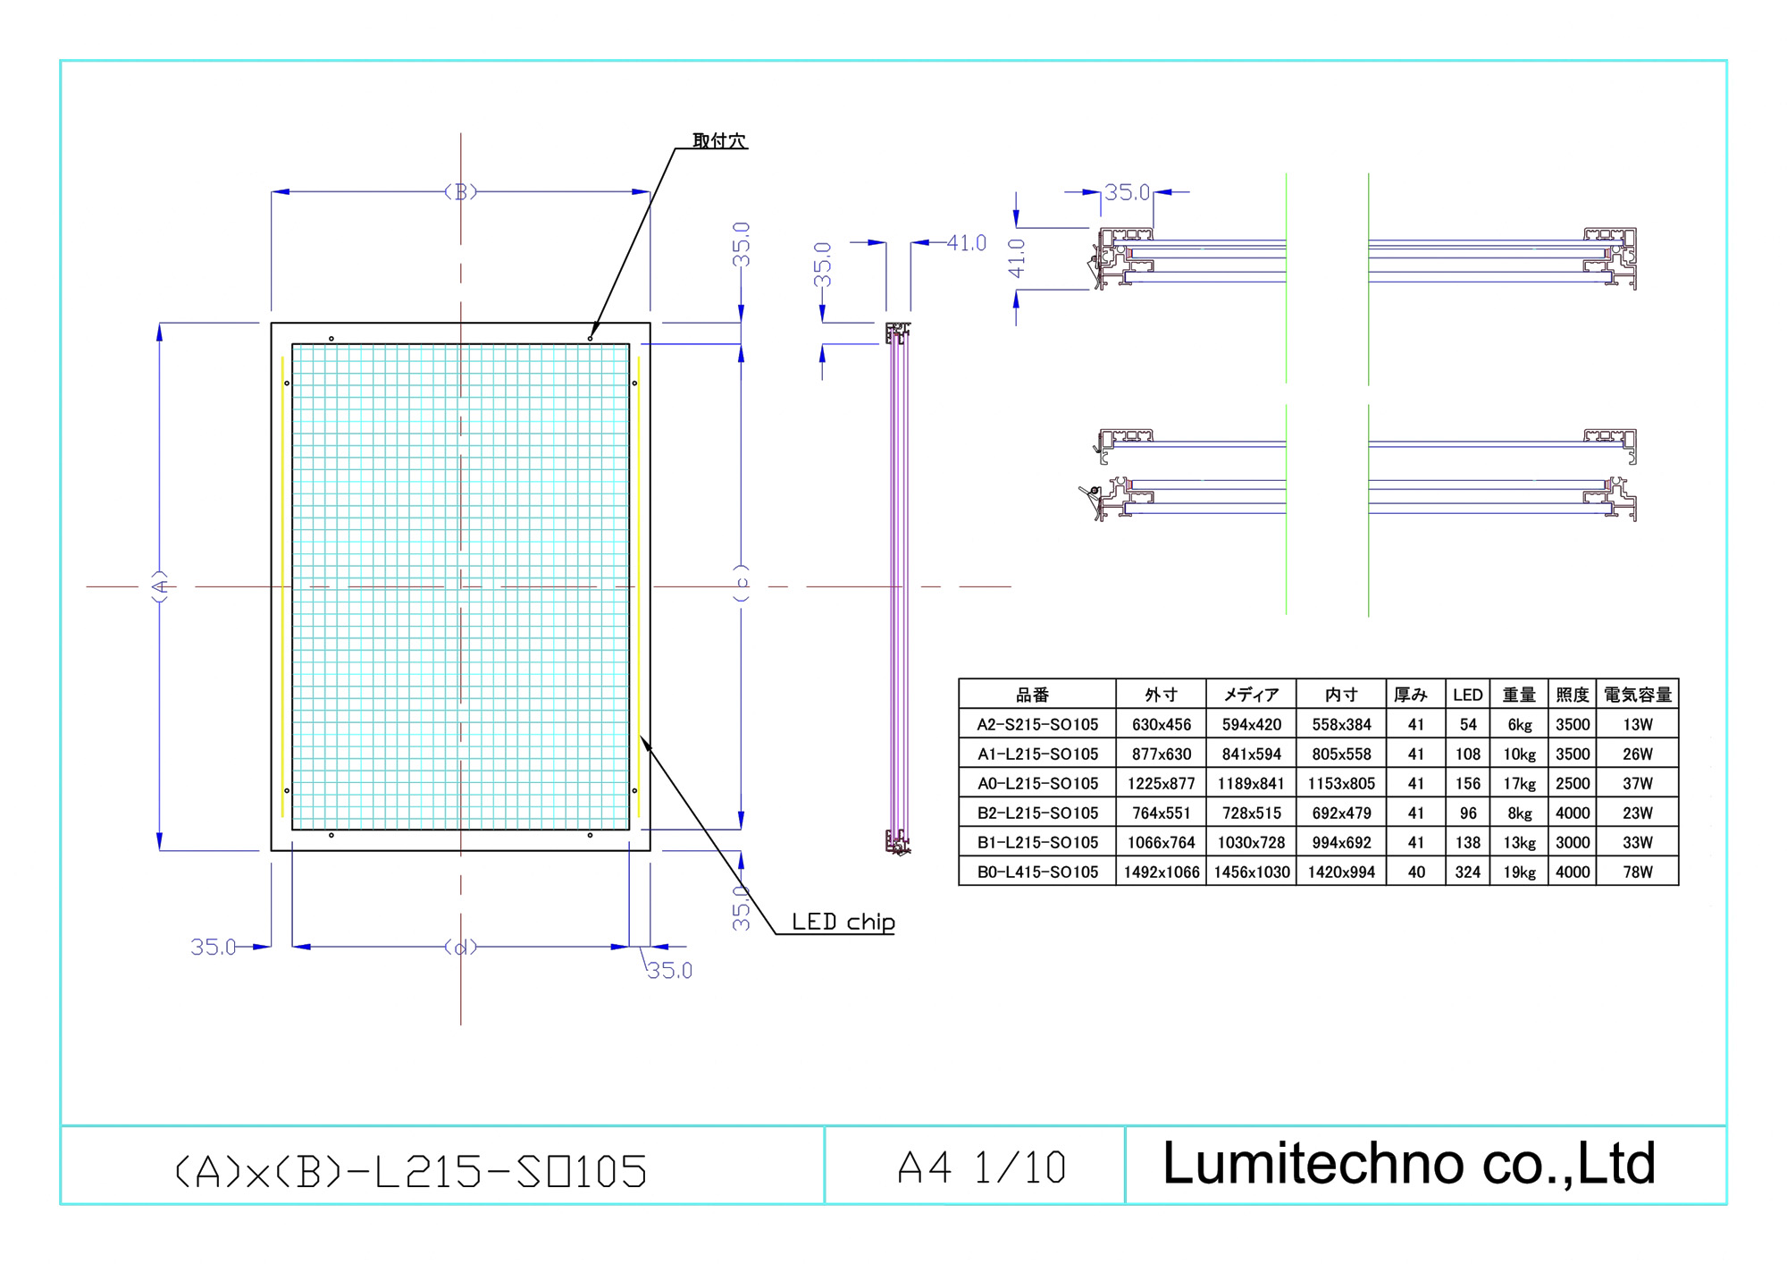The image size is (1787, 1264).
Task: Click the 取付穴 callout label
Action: click(x=719, y=140)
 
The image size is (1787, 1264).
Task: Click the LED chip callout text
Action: click(x=843, y=922)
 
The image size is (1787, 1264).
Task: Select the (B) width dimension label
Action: click(x=461, y=191)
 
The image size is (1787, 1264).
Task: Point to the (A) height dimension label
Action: click(x=160, y=586)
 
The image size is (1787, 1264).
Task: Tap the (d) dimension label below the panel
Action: click(x=461, y=947)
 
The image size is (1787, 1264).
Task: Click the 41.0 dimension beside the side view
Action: click(x=966, y=243)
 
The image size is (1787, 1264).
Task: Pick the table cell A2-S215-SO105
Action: click(x=1037, y=724)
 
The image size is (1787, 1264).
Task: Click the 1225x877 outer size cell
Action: click(x=1161, y=783)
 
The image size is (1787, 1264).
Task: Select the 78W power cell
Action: click(x=1638, y=872)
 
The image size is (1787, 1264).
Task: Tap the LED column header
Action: click(x=1467, y=695)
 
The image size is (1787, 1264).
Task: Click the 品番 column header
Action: click(x=1033, y=695)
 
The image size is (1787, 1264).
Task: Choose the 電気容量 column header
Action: click(x=1638, y=695)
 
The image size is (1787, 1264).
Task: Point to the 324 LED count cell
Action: click(x=1467, y=872)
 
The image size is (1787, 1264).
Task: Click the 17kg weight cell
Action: click(x=1519, y=783)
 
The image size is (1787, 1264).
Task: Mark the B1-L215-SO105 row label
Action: click(x=1037, y=842)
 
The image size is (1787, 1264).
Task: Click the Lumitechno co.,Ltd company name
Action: click(x=1409, y=1164)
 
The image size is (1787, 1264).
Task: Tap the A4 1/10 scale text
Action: click(x=982, y=1167)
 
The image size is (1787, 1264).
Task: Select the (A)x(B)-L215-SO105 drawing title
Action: click(x=410, y=1171)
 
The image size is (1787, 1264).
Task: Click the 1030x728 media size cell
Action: click(x=1251, y=842)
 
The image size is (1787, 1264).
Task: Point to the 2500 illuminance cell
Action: click(x=1573, y=783)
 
